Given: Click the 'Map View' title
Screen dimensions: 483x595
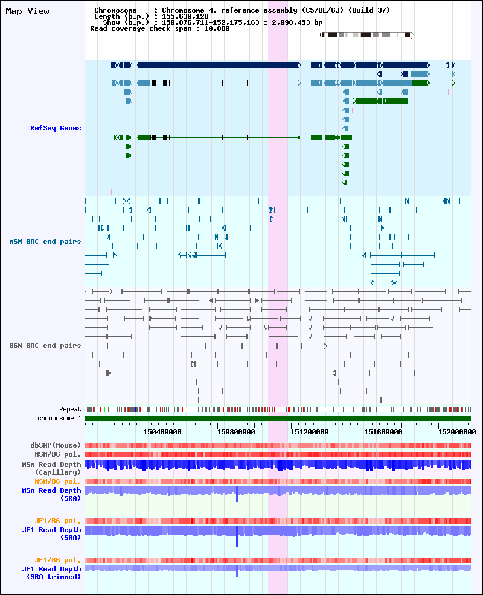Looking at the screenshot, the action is pos(27,11).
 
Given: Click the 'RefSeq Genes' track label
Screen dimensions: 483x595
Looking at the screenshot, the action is pos(56,128).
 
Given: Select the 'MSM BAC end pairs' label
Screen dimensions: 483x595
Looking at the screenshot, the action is pos(45,242).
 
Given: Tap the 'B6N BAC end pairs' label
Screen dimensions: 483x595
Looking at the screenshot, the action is pos(45,346).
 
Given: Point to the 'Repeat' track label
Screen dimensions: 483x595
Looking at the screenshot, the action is pos(70,409).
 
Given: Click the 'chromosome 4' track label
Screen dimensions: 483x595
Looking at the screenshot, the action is pos(59,418).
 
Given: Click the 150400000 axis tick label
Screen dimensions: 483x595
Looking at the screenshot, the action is pos(162,432).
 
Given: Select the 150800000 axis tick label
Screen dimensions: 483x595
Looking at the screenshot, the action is pos(236,432).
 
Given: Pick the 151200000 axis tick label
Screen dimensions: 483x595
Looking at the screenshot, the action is pos(309,432).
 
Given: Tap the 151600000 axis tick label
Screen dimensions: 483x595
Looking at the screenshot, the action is pos(383,432).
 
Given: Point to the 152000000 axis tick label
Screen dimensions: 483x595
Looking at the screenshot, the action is pos(457,432).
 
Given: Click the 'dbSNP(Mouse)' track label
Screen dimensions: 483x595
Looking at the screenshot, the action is pos(56,445).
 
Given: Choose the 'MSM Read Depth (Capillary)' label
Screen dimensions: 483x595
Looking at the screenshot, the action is pos(51,468).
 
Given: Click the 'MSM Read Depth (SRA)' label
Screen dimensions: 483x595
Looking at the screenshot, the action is pos(51,495).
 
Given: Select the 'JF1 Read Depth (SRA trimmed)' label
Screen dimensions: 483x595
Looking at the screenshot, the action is pos(51,573).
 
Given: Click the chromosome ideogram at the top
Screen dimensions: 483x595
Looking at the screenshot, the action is pos(366,34).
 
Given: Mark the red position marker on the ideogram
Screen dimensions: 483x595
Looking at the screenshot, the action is pos(411,34).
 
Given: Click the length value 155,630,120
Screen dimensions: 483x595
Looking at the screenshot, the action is pos(185,16).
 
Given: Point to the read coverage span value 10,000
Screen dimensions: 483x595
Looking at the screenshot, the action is pos(217,28).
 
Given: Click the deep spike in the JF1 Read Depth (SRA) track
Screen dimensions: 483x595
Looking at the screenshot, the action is pos(237,536).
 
